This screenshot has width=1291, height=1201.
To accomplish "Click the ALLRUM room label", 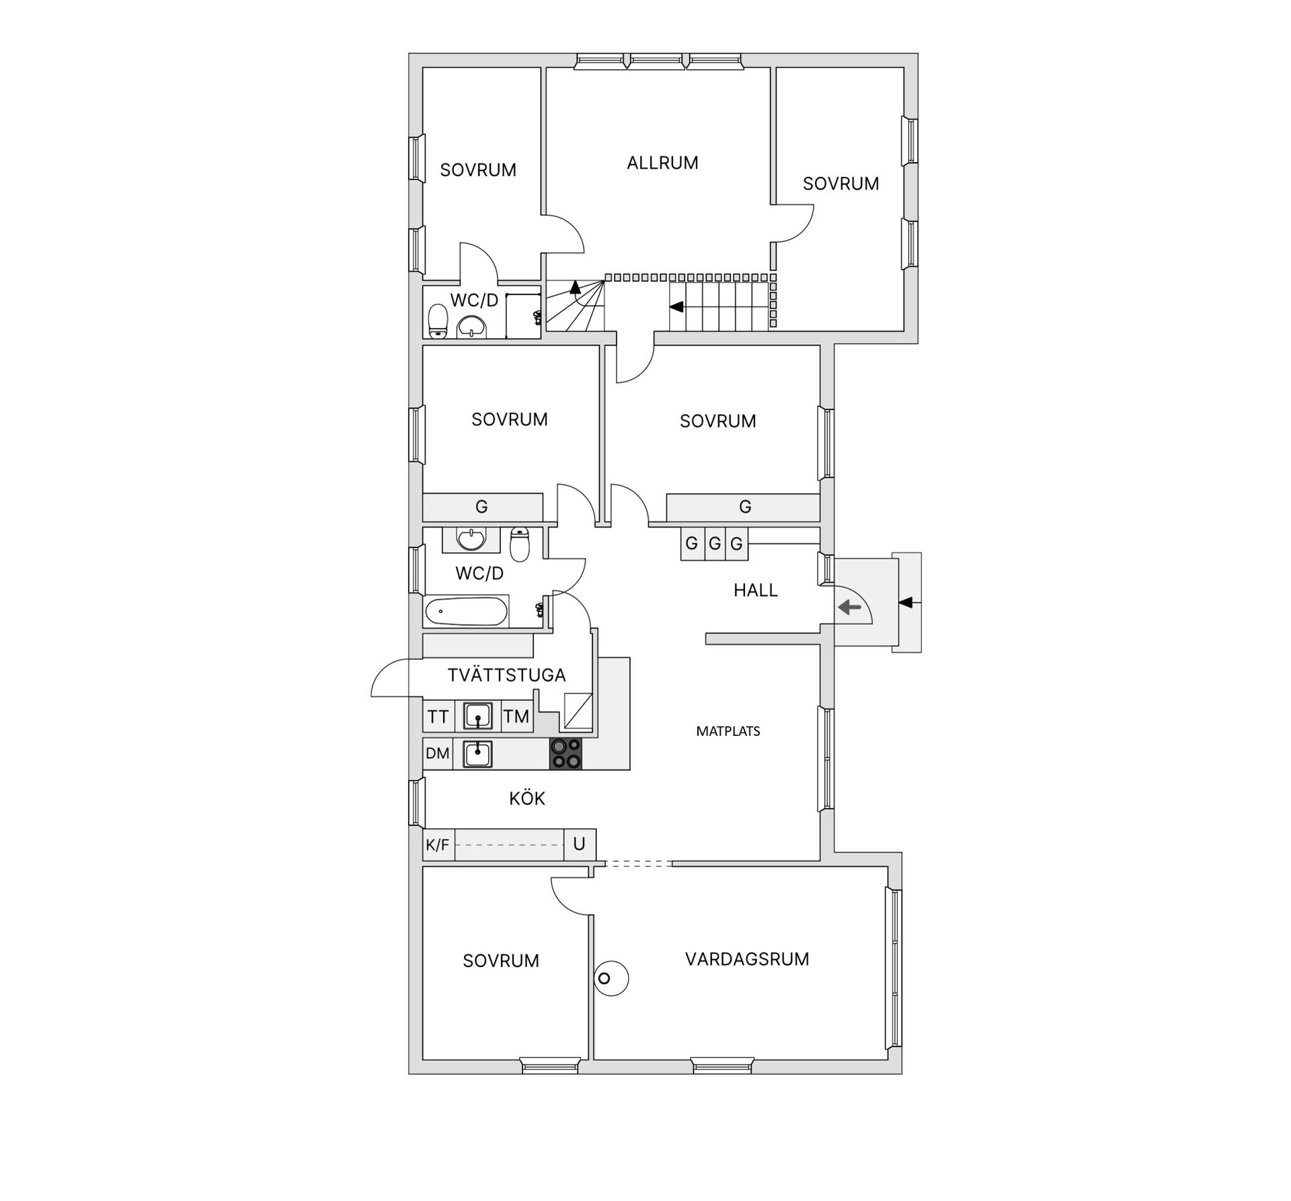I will [662, 163].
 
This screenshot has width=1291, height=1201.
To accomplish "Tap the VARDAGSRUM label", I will [746, 959].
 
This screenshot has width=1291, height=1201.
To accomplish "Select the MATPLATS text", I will [728, 731].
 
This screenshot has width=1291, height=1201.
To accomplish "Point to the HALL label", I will [755, 590].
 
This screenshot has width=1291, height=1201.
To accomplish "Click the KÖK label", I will [526, 798].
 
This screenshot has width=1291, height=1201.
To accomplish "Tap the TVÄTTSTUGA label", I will [506, 675].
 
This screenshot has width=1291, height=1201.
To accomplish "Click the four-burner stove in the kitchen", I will [565, 753].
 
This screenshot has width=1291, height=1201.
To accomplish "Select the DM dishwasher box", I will [438, 753].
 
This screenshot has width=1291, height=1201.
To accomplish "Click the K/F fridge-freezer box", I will [438, 845].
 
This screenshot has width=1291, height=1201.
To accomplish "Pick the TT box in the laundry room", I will [438, 716].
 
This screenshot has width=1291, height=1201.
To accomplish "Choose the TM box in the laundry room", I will [516, 716].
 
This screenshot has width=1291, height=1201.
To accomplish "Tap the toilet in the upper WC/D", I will [438, 321].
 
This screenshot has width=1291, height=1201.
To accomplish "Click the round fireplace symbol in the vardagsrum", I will [604, 978].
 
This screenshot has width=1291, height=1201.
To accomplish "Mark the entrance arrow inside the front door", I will [849, 608].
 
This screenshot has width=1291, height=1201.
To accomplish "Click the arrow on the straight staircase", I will [676, 307].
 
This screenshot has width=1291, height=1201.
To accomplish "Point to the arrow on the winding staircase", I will [575, 288].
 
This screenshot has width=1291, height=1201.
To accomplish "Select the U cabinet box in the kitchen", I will [579, 844].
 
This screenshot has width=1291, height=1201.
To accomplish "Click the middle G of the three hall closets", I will [714, 542].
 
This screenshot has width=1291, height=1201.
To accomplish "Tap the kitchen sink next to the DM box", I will [477, 753].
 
